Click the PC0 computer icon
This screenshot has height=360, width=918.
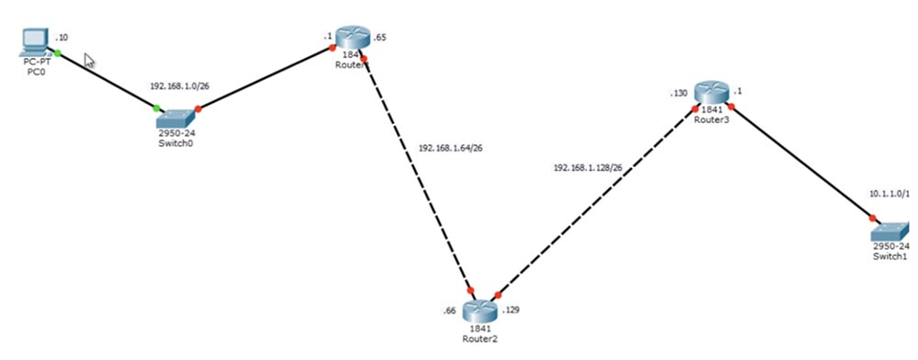click(34, 41)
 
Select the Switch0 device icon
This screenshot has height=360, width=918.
click(176, 118)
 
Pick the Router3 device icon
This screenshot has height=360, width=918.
click(711, 93)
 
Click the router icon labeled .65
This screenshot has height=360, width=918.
click(351, 38)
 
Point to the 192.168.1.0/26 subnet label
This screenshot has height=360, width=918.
click(178, 85)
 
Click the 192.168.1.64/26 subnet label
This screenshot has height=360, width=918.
click(452, 147)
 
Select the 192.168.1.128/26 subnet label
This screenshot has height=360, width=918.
click(588, 168)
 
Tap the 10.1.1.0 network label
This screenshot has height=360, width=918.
click(888, 194)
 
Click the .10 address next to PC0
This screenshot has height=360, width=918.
click(62, 38)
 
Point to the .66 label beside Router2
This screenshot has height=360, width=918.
click(449, 310)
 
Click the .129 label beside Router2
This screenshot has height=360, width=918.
click(512, 310)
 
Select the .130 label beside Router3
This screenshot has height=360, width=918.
click(678, 94)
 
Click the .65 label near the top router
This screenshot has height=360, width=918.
click(381, 38)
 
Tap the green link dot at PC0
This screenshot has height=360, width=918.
click(57, 53)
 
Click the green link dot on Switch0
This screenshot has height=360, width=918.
click(157, 108)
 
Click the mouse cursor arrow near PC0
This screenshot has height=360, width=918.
click(90, 61)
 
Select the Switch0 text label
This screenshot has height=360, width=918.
click(175, 143)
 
